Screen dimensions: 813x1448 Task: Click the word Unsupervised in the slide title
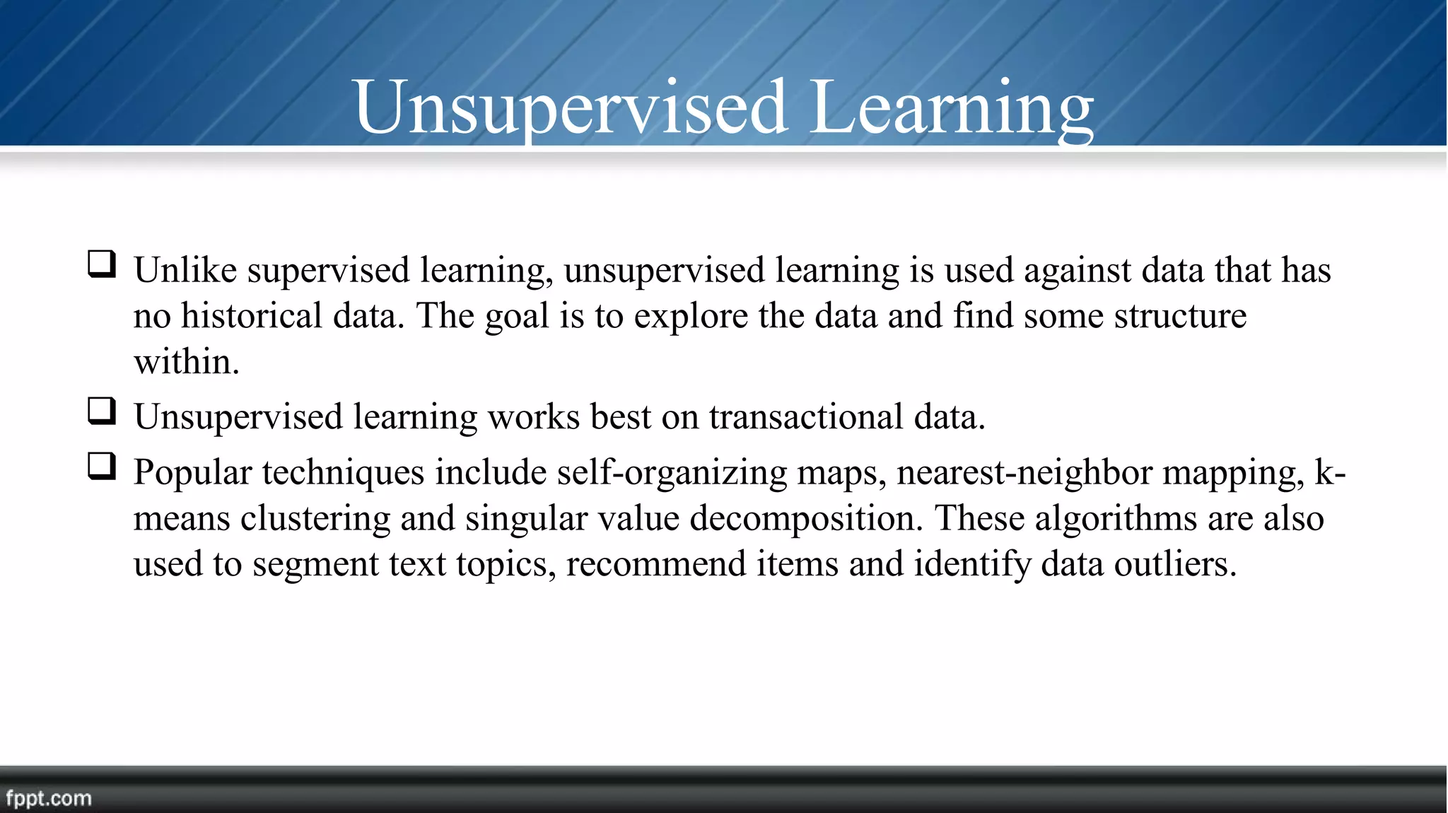point(571,107)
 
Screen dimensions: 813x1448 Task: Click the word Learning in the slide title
point(952,107)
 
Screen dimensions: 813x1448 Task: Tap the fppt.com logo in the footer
point(49,798)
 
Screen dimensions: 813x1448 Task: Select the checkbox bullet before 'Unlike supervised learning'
point(102,264)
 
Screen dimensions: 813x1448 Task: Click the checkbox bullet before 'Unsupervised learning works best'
point(102,411)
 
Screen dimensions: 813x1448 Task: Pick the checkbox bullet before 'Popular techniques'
point(102,467)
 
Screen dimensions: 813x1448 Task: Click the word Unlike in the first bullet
point(185,270)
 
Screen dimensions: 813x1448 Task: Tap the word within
point(185,361)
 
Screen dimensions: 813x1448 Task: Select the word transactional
point(806,416)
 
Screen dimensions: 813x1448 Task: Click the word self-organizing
point(672,472)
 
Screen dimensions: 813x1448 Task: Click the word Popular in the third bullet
point(192,472)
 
